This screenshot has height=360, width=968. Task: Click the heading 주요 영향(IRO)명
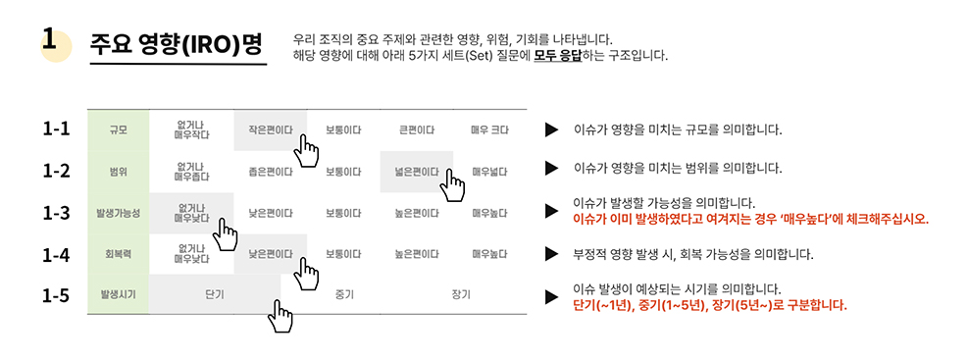[177, 44]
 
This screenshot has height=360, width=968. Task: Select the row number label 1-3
[56, 212]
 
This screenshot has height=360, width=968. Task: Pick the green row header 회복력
[118, 254]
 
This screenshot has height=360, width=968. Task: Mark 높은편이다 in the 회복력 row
[416, 254]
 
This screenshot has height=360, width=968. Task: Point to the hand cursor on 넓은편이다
[452, 184]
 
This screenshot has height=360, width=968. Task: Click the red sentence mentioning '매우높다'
[750, 219]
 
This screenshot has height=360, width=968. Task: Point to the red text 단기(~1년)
[606, 305]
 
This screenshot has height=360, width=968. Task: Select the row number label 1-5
[56, 294]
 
